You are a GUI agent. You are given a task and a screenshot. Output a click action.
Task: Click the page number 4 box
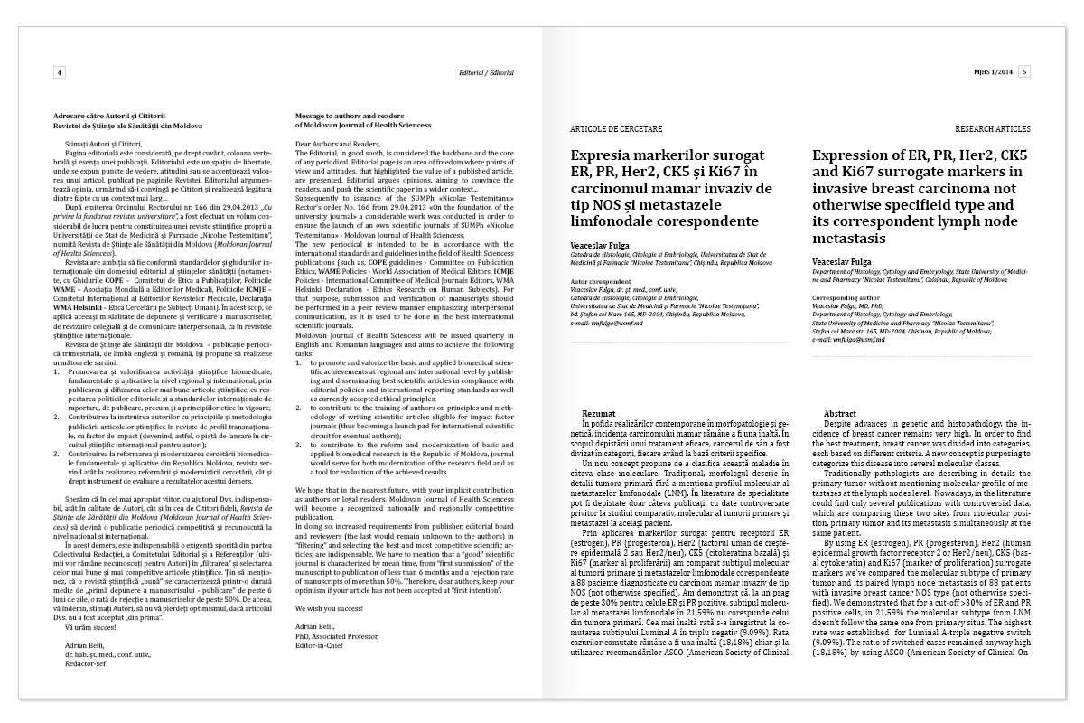coord(60,71)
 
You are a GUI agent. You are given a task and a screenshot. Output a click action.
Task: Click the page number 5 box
coord(1025,71)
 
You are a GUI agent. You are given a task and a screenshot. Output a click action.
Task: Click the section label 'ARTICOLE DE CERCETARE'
coord(617,129)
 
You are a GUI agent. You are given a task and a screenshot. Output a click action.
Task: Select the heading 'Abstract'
coord(840,413)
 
